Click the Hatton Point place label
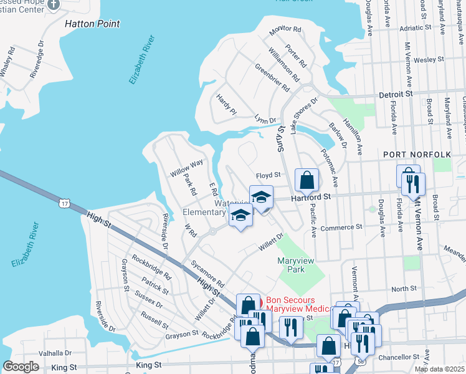pos(92,24)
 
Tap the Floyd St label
pos(269,175)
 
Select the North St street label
pos(404,289)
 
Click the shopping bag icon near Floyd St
pos(306,181)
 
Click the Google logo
pos(21,367)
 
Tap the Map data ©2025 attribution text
pos(439,369)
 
